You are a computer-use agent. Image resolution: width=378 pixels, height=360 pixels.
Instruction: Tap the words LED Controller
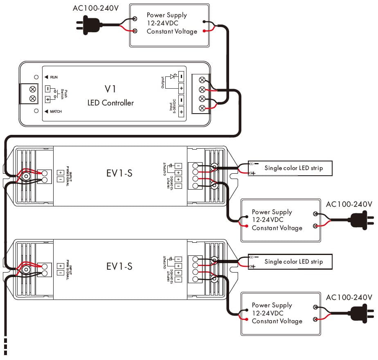tap(110, 103)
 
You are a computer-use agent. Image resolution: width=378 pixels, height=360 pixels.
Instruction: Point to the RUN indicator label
tap(54, 77)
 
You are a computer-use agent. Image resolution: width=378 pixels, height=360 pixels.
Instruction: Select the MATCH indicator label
tap(56, 111)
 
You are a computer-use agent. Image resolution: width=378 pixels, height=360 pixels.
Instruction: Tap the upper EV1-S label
tap(119, 173)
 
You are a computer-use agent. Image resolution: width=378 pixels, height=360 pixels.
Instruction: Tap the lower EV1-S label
tap(119, 266)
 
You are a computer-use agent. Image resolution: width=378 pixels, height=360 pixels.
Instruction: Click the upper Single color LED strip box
tap(290, 168)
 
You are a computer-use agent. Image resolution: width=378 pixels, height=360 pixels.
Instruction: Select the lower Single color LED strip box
tap(290, 262)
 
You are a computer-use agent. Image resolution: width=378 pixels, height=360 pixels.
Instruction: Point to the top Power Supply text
tap(166, 15)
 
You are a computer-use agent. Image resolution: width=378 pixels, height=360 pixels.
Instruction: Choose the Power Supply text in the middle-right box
tap(272, 212)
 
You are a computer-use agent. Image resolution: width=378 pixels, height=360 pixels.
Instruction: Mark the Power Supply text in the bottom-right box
tap(272, 305)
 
